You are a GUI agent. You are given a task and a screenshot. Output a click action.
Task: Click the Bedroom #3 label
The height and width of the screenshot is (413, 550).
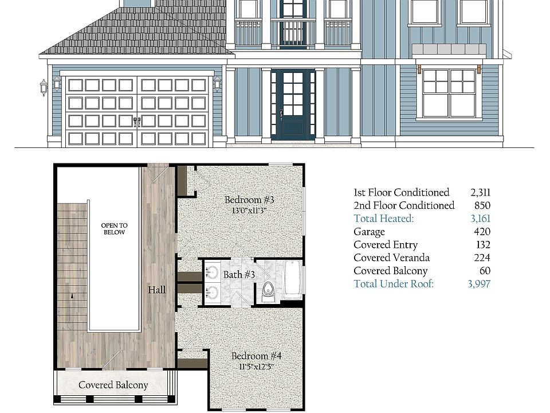tap(249, 200)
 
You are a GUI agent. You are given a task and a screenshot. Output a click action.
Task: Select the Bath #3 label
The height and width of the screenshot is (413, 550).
tap(239, 275)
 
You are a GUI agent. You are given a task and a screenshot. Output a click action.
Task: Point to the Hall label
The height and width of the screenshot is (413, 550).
tap(157, 290)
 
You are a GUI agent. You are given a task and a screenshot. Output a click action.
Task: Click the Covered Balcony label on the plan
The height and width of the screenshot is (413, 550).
tap(113, 385)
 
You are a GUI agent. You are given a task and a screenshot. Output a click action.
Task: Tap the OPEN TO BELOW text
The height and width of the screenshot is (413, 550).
tap(114, 229)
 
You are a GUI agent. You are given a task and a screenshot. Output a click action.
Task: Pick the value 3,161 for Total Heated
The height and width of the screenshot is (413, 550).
tap(480, 219)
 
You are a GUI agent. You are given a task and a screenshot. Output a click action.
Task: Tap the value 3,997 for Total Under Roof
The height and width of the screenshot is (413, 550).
tap(479, 284)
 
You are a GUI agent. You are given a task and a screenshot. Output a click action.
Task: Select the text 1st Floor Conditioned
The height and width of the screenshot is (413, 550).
tap(401, 193)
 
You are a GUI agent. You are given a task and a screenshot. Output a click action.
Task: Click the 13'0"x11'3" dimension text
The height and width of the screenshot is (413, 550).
tap(249, 211)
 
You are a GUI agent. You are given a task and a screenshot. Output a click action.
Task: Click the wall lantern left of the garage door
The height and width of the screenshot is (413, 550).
tap(44, 87)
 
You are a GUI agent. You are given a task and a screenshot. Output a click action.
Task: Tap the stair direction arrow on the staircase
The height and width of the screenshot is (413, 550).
tap(72, 296)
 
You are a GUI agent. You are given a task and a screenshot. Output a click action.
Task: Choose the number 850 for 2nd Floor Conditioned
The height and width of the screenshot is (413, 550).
tap(482, 206)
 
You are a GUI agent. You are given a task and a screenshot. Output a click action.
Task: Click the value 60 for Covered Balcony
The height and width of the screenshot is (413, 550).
tap(485, 271)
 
